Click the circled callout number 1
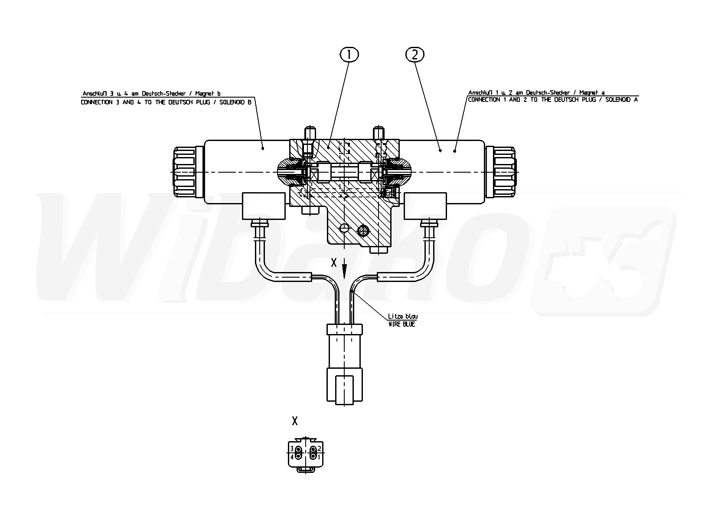[x=349, y=55]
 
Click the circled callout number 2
[x=415, y=55]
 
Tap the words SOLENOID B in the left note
[x=235, y=102]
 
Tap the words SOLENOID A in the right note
[x=621, y=100]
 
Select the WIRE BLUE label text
[x=401, y=324]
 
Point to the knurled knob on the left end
[x=184, y=172]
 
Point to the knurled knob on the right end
[x=505, y=172]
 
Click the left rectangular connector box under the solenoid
[x=264, y=206]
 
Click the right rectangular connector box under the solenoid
[x=425, y=206]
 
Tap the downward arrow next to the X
[x=344, y=269]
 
